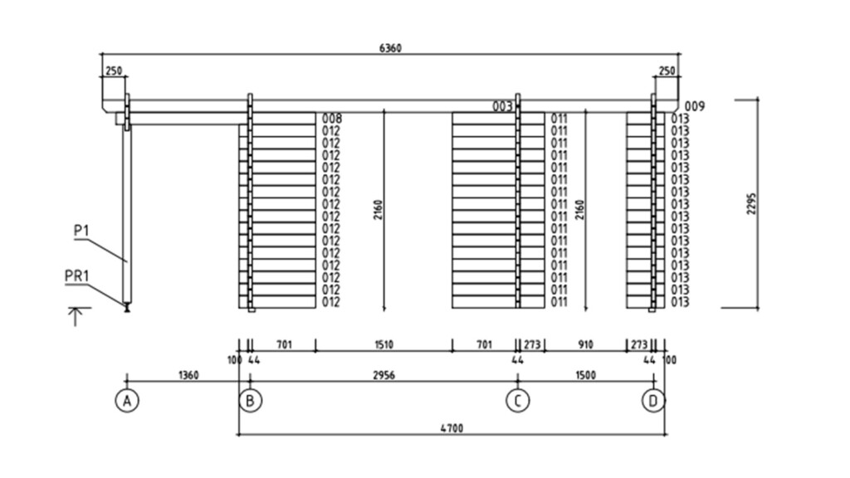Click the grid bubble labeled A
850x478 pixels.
click(x=126, y=401)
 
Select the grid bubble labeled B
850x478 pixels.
click(x=250, y=401)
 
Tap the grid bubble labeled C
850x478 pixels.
click(x=518, y=401)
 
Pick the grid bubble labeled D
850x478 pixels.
click(x=653, y=401)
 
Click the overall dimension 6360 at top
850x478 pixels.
click(x=390, y=48)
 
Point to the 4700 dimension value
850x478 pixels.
click(x=452, y=428)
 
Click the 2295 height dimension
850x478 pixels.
click(x=751, y=204)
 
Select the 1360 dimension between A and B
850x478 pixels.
click(x=188, y=376)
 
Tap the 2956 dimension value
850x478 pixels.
click(x=383, y=376)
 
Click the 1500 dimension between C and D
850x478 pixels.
click(x=585, y=376)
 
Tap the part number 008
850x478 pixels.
click(x=332, y=119)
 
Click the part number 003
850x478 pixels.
click(x=502, y=106)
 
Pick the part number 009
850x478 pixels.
click(x=695, y=106)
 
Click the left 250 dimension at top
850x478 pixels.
click(x=113, y=71)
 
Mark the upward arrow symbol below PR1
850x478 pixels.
click(x=76, y=316)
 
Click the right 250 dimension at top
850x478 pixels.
click(x=666, y=71)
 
